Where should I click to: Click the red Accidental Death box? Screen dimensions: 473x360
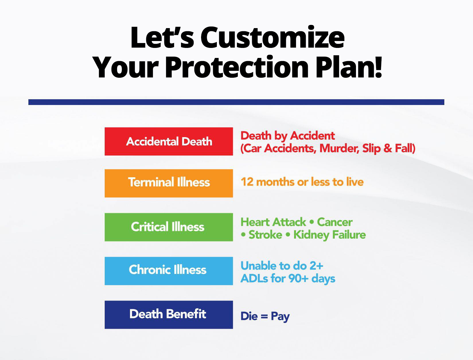pos(169,141)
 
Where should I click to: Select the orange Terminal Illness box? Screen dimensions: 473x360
pos(169,183)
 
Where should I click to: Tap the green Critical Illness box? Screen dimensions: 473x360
pos(169,227)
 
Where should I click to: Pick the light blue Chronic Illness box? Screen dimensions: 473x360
pos(169,271)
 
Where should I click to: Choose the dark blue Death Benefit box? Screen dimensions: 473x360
pos(169,315)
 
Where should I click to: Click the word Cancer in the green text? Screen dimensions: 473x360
pos(335,222)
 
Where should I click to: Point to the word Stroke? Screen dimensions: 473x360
pos(265,235)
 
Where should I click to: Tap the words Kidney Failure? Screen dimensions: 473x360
pos(330,235)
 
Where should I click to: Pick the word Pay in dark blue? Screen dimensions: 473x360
pos(280,317)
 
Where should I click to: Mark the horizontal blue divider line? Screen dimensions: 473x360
pos(236,102)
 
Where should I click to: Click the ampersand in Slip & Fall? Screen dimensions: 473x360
pos(388,148)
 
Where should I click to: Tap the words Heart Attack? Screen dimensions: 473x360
pos(273,222)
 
